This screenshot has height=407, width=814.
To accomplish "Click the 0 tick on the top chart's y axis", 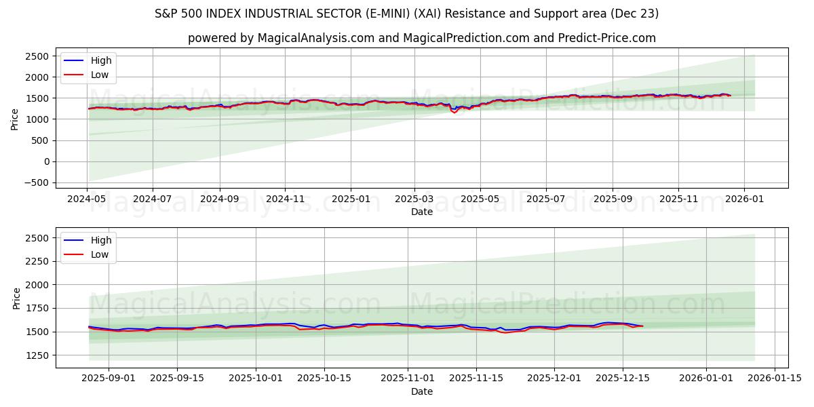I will click(46, 161).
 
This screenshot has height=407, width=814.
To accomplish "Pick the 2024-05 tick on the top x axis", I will click(87, 199).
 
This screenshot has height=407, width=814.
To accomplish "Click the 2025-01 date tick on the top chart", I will click(351, 199).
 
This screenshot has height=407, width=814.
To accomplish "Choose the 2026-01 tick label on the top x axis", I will click(744, 199).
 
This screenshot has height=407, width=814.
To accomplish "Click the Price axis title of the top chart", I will click(15, 119).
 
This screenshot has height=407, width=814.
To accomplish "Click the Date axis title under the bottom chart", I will click(421, 391).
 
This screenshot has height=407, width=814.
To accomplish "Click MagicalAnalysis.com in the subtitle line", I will click(315, 38).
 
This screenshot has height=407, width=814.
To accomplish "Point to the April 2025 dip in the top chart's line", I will click(454, 112).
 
